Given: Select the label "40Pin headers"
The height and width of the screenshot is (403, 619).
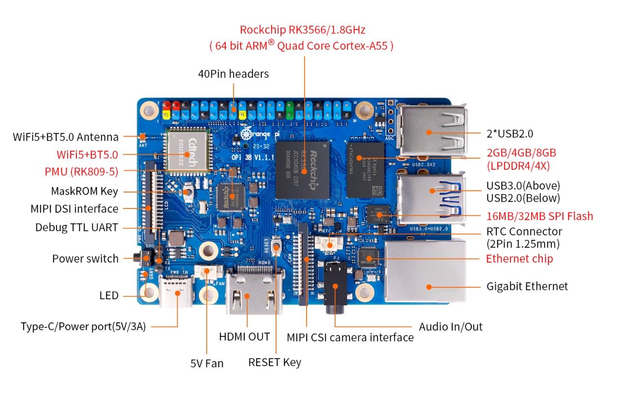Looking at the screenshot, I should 233,74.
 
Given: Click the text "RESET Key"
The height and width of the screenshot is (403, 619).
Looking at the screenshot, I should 275,362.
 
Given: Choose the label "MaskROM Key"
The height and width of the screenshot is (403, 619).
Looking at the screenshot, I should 84,191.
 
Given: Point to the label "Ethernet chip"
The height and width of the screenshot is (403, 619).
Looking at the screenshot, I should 519,259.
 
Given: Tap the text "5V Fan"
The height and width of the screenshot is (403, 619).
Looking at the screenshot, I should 207,363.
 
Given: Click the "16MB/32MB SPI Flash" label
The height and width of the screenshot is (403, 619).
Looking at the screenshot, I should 540,216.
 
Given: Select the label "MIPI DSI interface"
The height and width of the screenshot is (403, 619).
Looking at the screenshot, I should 74,208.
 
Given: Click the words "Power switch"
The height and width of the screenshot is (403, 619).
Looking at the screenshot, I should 85,259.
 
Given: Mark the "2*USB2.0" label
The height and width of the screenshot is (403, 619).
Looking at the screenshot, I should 510,134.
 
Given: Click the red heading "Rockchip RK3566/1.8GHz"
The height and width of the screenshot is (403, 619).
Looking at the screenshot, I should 302,30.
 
